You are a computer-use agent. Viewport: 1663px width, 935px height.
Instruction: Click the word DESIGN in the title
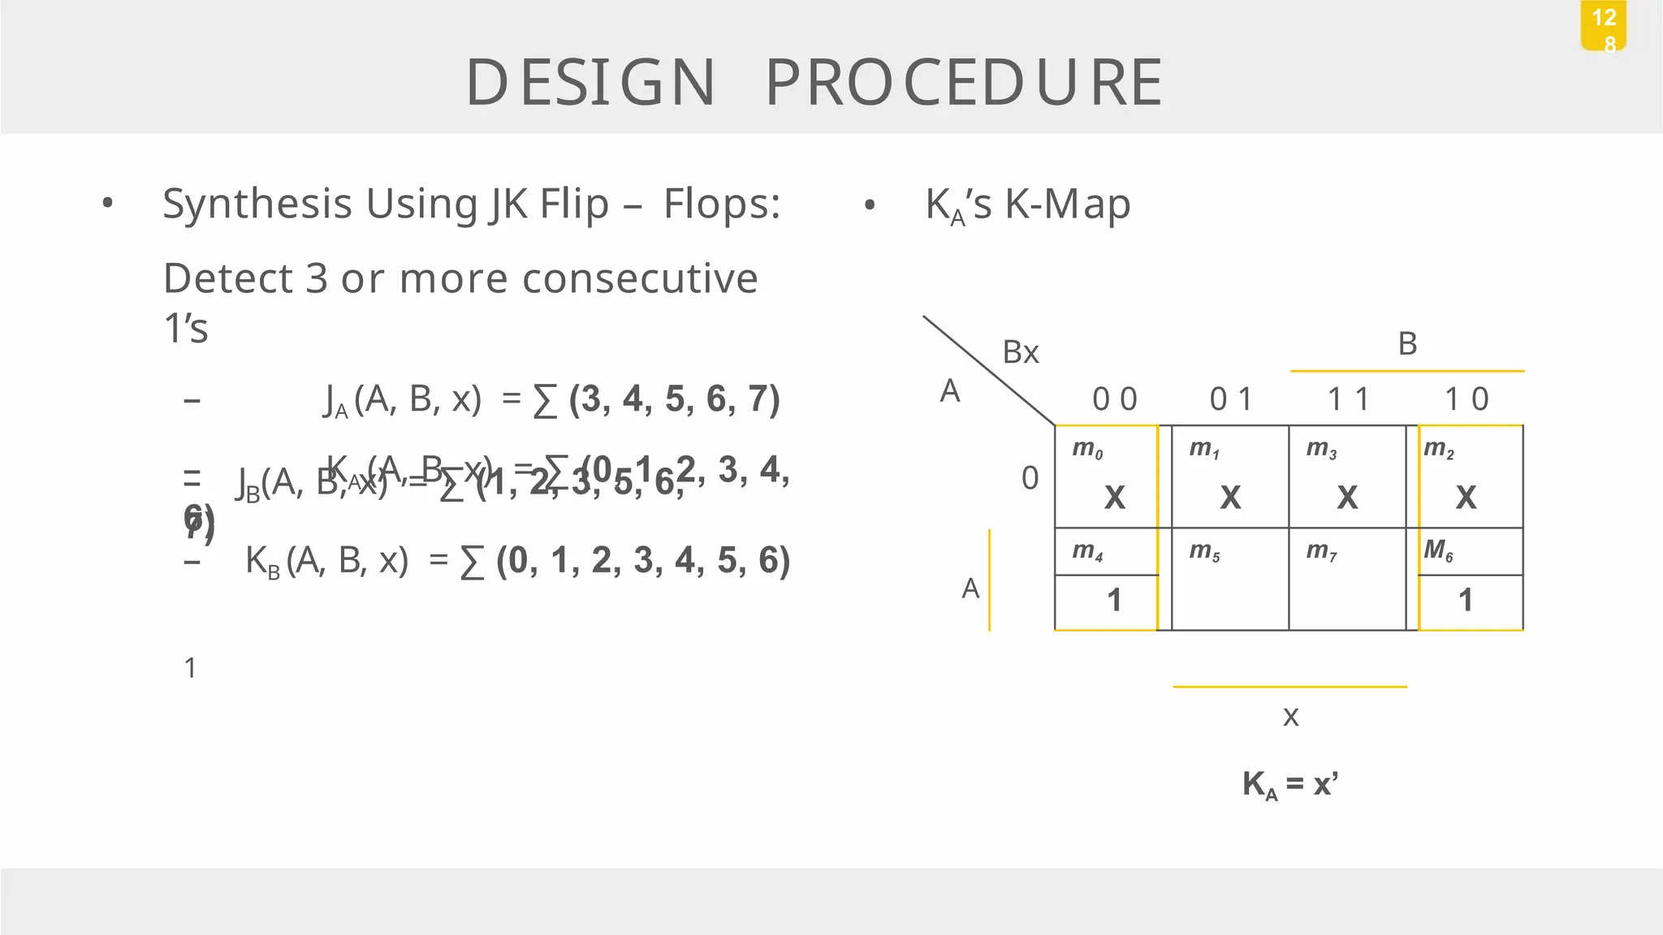click(x=590, y=82)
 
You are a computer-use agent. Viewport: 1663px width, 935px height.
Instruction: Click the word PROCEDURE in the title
click(x=965, y=82)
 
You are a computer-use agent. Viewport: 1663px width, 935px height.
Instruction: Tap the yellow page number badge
click(x=1604, y=27)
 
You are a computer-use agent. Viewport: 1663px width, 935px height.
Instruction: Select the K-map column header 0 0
click(x=1114, y=399)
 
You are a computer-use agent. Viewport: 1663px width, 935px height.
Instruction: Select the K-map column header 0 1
click(x=1231, y=399)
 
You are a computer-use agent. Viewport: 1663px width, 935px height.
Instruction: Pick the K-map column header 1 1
click(x=1348, y=399)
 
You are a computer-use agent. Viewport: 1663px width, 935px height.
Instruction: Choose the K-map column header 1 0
click(x=1466, y=399)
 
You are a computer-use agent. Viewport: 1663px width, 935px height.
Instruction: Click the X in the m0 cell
click(x=1115, y=497)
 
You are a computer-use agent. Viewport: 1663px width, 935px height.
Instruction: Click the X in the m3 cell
click(x=1347, y=497)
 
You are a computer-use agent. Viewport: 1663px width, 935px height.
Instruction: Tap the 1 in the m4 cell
click(x=1114, y=601)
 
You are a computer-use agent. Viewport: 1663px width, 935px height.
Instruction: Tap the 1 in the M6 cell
click(x=1466, y=601)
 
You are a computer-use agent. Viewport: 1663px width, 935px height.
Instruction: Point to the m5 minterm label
click(x=1204, y=552)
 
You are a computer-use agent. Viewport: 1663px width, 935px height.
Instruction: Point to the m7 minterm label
click(x=1321, y=552)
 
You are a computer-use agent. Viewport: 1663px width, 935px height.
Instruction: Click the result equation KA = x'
click(x=1290, y=785)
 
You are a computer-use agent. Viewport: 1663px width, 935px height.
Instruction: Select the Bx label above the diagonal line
click(x=1021, y=352)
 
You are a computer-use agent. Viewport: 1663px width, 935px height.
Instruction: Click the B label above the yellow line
click(x=1407, y=344)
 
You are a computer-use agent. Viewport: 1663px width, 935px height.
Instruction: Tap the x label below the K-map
click(x=1290, y=716)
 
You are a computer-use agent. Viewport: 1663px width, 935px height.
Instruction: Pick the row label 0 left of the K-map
click(x=1030, y=478)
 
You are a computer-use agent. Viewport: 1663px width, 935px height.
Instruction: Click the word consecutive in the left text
click(x=640, y=278)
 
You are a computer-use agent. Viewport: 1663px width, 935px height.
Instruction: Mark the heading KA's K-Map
click(x=1027, y=205)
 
